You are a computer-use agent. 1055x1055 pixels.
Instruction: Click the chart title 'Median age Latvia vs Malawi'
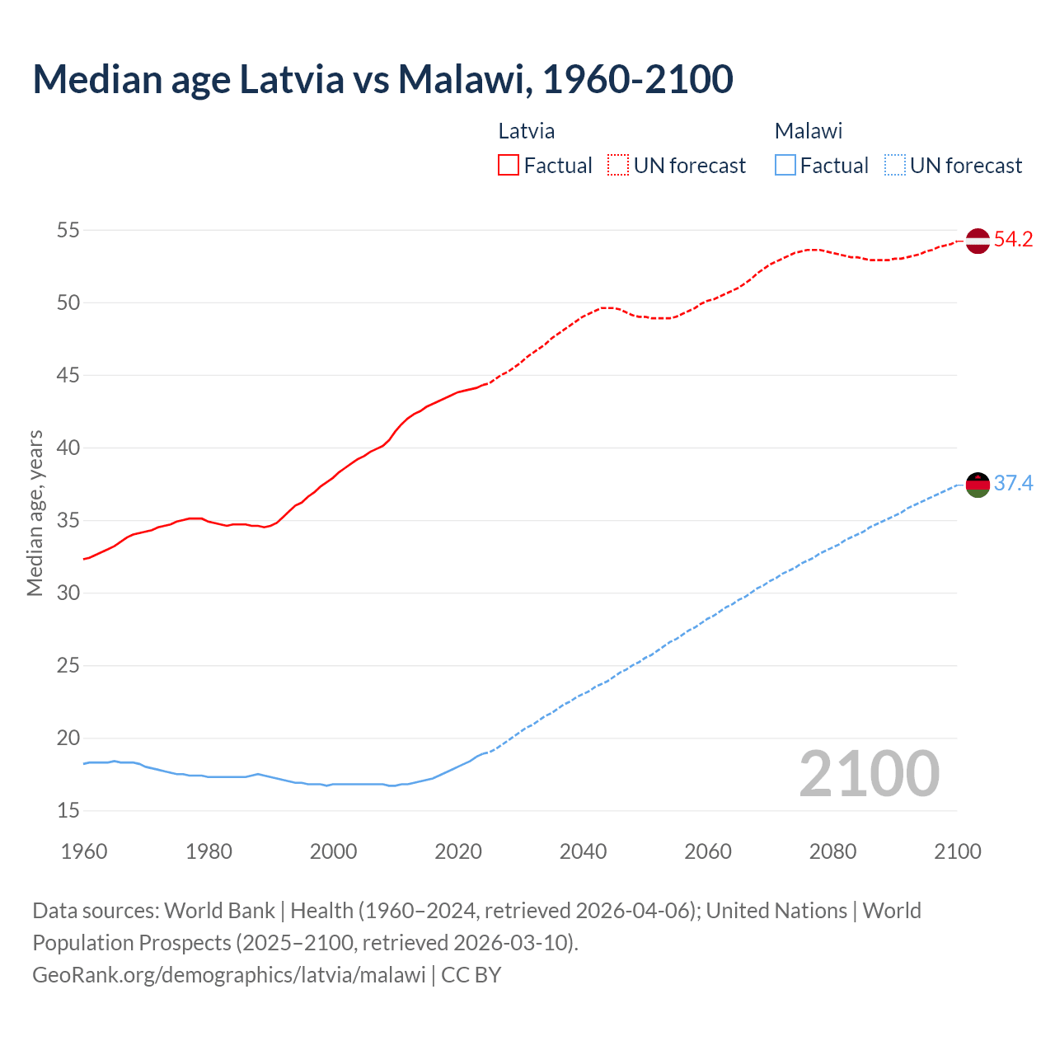382,79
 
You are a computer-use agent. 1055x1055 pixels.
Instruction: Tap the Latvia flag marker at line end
978,241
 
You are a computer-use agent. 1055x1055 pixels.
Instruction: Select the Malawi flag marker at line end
978,485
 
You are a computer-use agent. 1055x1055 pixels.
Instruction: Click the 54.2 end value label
1013,240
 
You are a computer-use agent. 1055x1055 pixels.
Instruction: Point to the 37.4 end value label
1013,483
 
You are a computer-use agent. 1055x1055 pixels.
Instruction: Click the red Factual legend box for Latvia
509,166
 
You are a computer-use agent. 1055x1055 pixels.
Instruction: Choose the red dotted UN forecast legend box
618,166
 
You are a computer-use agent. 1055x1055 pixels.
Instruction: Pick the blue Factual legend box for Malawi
785,166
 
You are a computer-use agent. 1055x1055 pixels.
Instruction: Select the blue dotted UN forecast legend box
894,166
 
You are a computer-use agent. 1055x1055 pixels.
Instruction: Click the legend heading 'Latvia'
527,131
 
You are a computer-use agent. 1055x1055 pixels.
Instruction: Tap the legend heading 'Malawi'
809,131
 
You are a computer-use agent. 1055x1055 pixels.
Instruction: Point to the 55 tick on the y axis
68,230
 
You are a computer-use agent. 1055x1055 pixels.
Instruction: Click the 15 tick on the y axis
68,811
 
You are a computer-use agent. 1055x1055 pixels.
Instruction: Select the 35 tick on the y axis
68,521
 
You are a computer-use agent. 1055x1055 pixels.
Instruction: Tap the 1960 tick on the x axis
84,851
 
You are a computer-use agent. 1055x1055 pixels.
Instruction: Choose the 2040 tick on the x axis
583,851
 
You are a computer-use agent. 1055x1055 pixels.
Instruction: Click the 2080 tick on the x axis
832,851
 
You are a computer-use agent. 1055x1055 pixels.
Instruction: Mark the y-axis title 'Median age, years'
35,513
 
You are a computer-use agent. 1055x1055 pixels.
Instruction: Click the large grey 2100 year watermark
869,774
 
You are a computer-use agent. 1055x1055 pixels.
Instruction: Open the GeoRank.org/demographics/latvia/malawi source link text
229,975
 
